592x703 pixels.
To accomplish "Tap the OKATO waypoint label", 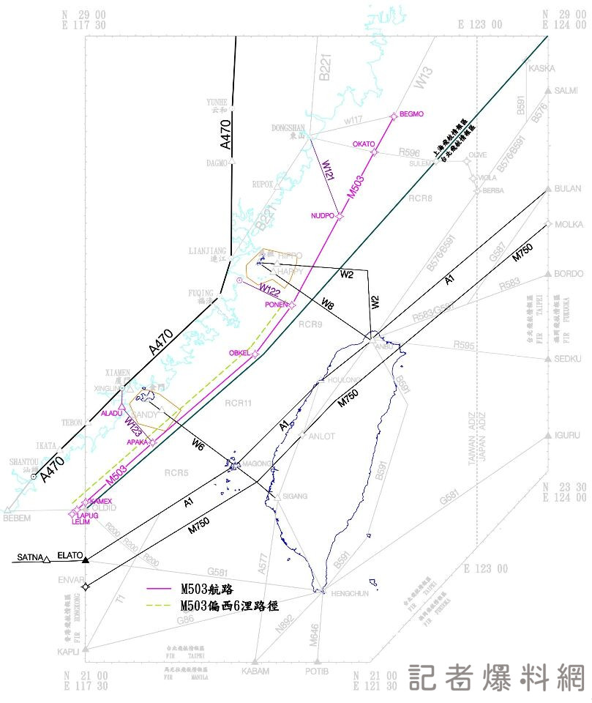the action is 363,144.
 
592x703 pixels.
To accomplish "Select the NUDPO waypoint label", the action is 321,216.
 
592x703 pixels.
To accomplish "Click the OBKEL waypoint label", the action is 239,353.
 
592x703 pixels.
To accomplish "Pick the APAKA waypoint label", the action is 138,442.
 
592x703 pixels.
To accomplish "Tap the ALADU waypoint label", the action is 111,414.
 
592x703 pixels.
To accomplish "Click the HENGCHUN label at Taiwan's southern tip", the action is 349,594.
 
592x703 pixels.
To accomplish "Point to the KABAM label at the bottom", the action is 255,671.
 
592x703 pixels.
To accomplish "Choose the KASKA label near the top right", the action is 542,68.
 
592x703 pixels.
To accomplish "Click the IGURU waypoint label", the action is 567,436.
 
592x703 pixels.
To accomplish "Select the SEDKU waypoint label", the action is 568,359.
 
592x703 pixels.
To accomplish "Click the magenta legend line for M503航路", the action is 162,589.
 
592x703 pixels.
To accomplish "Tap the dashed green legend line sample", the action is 162,606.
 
